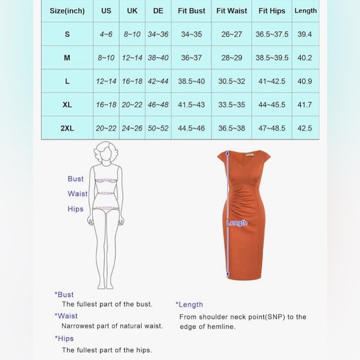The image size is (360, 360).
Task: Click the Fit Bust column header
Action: tap(191, 11)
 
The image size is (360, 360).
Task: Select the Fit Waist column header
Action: tap(232, 11)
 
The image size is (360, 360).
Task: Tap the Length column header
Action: tap(305, 11)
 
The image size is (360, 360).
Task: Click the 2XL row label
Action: tap(67, 128)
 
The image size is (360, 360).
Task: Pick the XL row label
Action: tap(67, 105)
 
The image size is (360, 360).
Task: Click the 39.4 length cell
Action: tap(305, 34)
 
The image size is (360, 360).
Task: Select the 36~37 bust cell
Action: tap(191, 58)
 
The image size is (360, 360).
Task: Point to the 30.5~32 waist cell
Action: tap(232, 81)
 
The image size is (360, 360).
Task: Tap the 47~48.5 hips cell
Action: tap(272, 128)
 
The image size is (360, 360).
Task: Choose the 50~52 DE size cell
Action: tap(157, 128)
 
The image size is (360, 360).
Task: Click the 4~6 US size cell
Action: tap(106, 34)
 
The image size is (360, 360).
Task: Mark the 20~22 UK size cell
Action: tap(132, 105)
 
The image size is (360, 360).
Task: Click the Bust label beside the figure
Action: tap(76, 179)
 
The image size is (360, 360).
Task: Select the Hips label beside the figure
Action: tap(76, 209)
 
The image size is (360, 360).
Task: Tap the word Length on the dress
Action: tap(236, 223)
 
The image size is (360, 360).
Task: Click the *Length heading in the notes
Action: tap(189, 305)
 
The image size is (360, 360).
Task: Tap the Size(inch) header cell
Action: tap(67, 11)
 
